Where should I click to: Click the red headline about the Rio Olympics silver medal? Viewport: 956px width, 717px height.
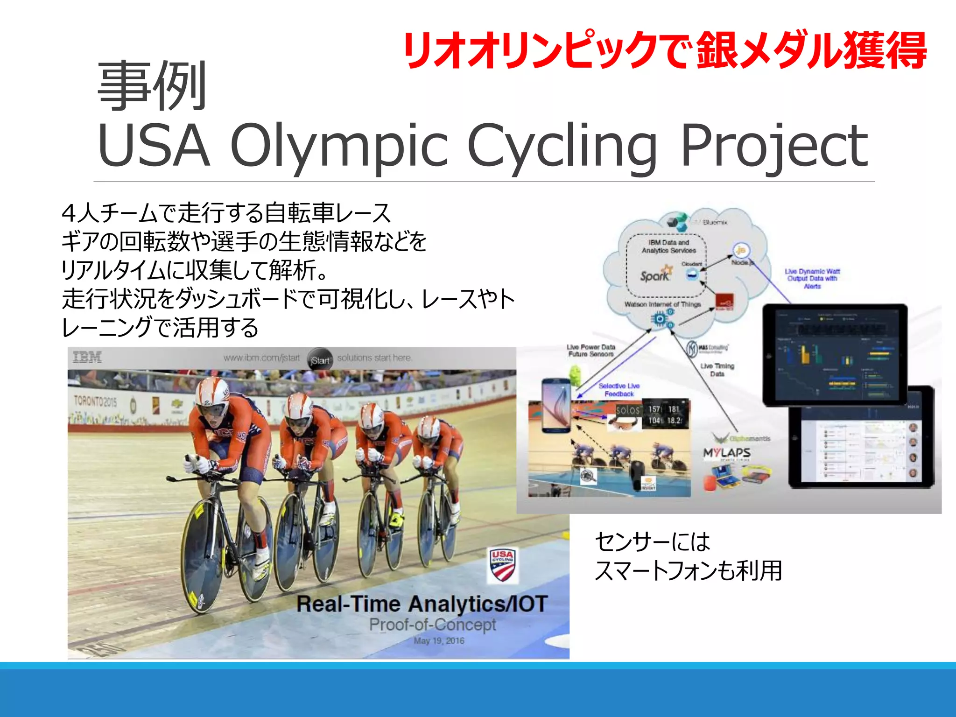(665, 50)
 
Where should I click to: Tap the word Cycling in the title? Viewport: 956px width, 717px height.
(562, 146)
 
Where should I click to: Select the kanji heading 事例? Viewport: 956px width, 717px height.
(152, 86)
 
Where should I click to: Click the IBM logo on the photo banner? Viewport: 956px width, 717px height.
(87, 358)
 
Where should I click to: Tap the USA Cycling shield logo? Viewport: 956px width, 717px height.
(502, 565)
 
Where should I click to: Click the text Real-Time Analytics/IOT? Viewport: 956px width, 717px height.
(422, 604)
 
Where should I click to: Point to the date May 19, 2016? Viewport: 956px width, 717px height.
(439, 641)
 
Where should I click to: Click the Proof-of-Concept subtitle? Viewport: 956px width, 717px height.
(432, 625)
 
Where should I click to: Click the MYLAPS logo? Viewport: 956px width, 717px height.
(727, 453)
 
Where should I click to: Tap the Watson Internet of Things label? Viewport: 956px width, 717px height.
(662, 304)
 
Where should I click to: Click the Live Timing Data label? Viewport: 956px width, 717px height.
(717, 370)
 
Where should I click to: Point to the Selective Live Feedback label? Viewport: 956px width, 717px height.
(619, 390)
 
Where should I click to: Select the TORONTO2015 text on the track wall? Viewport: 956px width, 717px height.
(95, 401)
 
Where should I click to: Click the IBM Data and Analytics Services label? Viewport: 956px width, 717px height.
(668, 246)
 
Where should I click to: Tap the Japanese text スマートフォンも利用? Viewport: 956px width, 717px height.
(688, 571)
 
